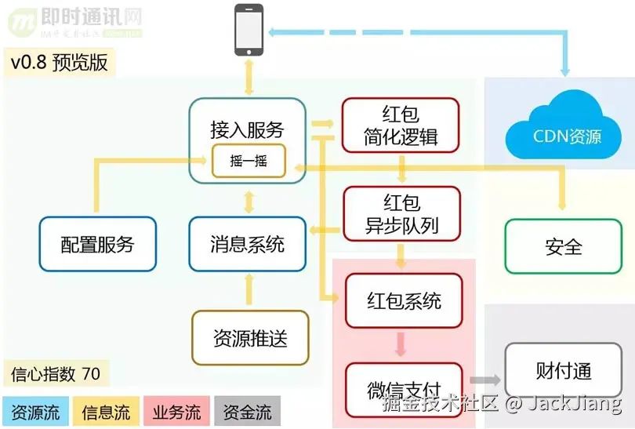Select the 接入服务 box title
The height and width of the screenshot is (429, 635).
pos(247,129)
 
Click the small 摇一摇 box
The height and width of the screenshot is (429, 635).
pos(249,161)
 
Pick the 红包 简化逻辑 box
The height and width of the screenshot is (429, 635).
pos(401,125)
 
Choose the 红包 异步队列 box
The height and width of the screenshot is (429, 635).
pos(401,215)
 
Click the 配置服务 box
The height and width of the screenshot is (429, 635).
pos(98,244)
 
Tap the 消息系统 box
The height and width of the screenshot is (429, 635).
pos(247,244)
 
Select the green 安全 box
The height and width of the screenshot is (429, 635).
pos(564,246)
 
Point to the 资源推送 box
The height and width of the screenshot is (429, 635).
pos(250,338)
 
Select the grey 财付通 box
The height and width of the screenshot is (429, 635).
pos(564,370)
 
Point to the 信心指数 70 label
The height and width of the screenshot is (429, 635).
pos(56,373)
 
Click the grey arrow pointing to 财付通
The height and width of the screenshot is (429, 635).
pos(485,380)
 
